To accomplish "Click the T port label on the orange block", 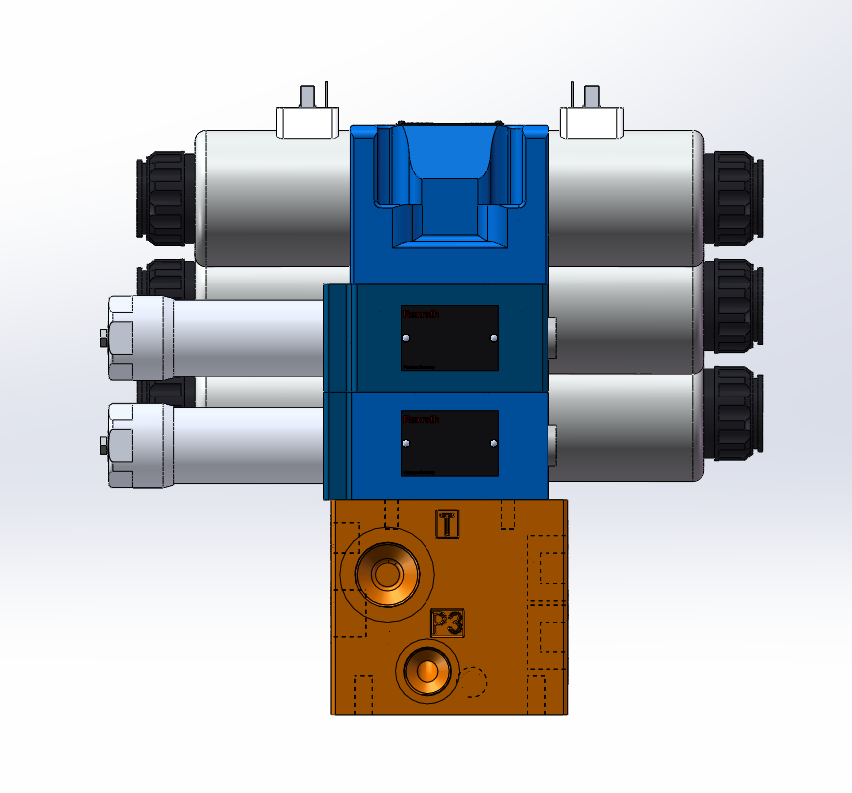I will (x=448, y=523).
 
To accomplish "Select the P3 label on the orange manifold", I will (x=448, y=623).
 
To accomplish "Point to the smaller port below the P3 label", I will (x=428, y=670).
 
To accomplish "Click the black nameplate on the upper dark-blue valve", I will (x=449, y=338).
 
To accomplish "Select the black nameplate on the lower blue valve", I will (x=449, y=443).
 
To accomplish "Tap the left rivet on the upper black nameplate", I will (x=406, y=338).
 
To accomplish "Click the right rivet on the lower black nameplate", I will (x=493, y=443).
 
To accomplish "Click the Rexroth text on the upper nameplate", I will (x=422, y=314).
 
